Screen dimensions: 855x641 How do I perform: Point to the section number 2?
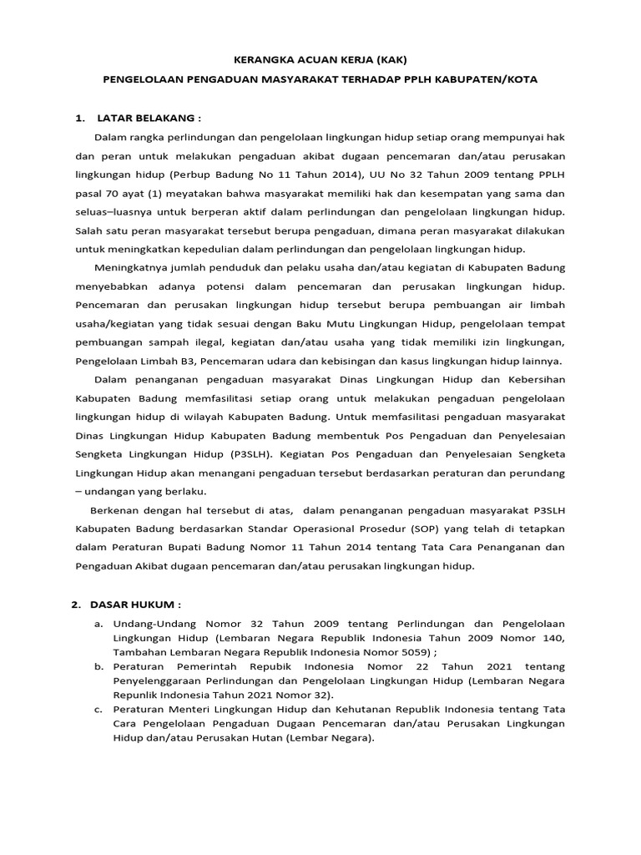pos(75,604)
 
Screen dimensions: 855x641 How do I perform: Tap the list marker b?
pos(98,666)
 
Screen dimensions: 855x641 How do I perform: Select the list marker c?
pos(98,710)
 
